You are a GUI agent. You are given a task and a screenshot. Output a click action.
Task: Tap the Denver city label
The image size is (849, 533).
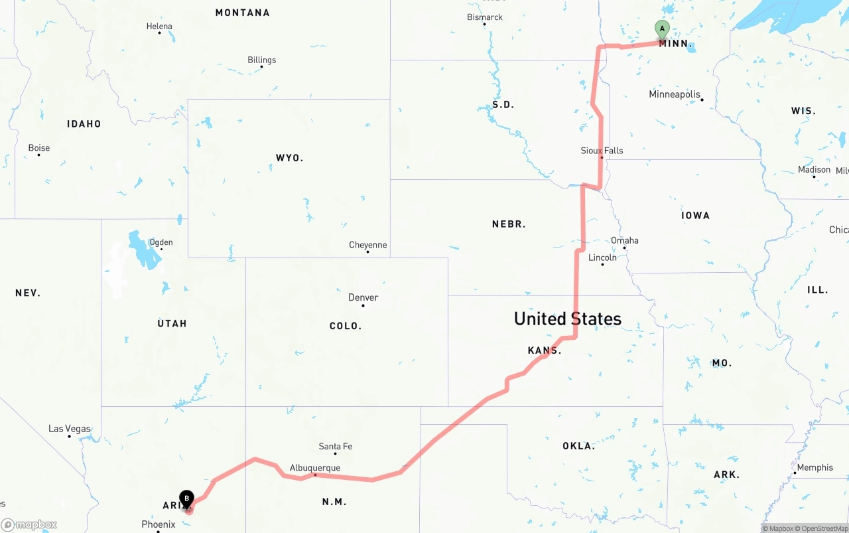point(363,297)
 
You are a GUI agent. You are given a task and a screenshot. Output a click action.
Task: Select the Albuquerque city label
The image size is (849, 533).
point(315,468)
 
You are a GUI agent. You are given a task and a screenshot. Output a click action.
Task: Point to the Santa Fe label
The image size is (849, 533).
point(335,446)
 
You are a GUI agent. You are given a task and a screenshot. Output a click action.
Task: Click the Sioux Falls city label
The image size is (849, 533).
point(602,151)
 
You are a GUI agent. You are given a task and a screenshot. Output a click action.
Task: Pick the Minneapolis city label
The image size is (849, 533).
point(674,94)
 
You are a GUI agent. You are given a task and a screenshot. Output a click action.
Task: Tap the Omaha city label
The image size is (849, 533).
point(625,240)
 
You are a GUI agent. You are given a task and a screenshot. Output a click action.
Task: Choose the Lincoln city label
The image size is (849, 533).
point(602,258)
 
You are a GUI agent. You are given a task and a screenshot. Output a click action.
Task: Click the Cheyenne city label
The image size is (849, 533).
point(367,245)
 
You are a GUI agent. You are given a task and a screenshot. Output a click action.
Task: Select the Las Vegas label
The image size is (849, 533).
point(70,429)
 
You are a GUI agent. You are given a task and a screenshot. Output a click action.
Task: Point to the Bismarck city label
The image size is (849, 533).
point(485,17)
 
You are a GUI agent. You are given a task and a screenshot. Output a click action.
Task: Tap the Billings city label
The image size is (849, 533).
point(261,60)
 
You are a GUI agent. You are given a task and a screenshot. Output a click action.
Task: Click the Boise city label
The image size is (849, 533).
point(39,148)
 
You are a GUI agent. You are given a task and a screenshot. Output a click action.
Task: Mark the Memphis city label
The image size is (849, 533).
point(815,467)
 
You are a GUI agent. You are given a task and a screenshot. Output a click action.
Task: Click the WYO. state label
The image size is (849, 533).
point(289,158)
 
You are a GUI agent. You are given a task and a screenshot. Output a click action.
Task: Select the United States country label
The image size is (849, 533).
point(568,319)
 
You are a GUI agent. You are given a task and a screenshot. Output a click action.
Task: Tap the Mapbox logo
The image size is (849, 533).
point(29,524)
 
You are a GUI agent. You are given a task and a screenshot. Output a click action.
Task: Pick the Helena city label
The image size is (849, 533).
point(159,27)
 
